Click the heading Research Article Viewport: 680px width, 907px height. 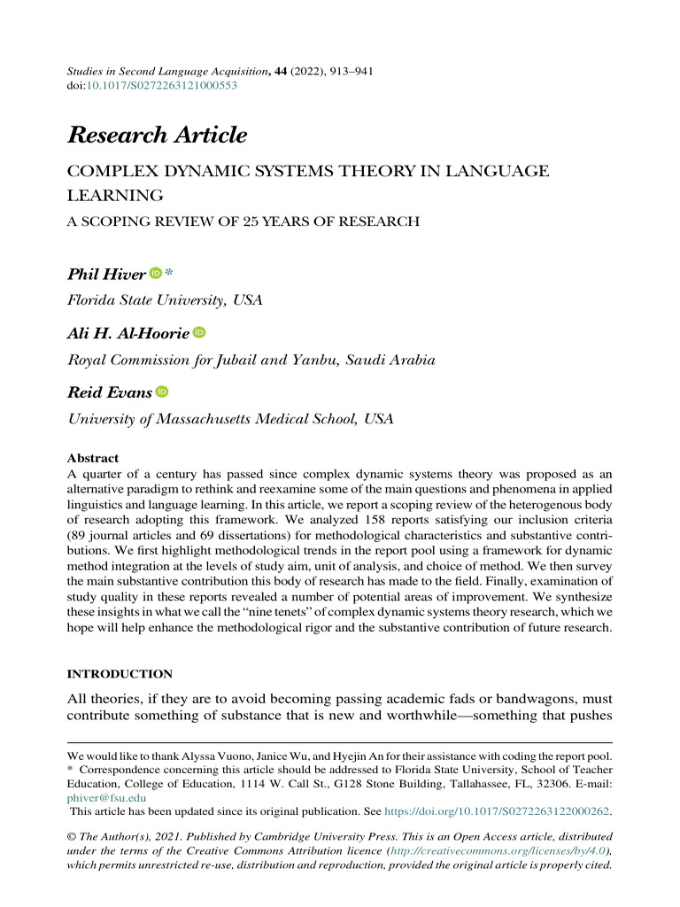pyautogui.click(x=157, y=136)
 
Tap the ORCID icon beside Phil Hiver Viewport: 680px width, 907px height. pyautogui.click(x=156, y=275)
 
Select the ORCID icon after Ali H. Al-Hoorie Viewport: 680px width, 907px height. pyautogui.click(x=199, y=332)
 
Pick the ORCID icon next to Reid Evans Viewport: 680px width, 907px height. pyautogui.click(x=162, y=391)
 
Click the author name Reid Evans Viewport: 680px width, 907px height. pyautogui.click(x=110, y=391)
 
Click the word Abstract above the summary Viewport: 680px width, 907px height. pyautogui.click(x=93, y=458)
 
